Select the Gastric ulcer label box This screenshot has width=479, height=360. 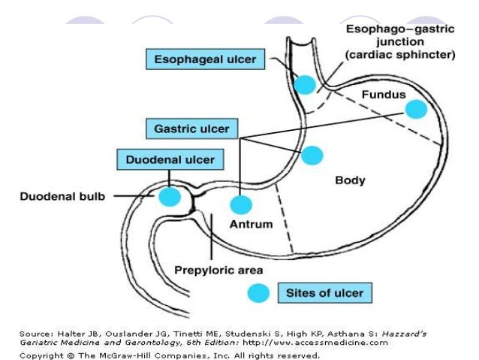click(x=191, y=129)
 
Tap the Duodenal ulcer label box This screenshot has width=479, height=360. click(x=169, y=159)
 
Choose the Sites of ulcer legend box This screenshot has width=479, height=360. click(x=325, y=292)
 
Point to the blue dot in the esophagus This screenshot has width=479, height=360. click(x=304, y=84)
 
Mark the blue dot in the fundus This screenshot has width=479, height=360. click(x=415, y=110)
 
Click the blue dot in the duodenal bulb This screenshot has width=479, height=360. click(x=170, y=197)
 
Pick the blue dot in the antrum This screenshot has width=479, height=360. click(x=241, y=204)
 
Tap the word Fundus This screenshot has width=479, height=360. click(x=383, y=95)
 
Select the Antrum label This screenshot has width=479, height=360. click(x=252, y=224)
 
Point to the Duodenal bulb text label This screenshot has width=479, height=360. click(x=62, y=197)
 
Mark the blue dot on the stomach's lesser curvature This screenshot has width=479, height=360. click(x=312, y=156)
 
